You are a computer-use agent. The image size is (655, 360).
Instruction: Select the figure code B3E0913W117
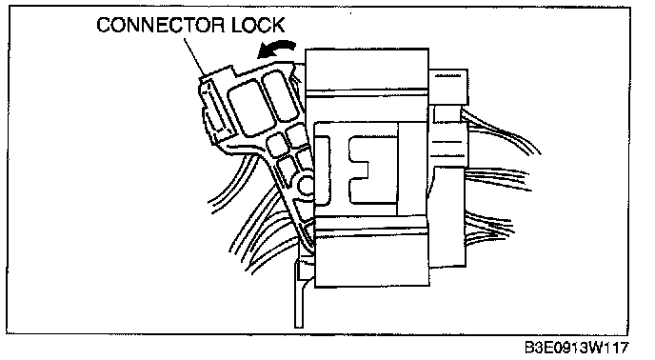click(x=577, y=348)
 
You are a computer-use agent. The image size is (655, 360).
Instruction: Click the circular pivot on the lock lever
click(x=307, y=184)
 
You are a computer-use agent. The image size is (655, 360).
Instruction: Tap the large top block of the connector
click(x=367, y=69)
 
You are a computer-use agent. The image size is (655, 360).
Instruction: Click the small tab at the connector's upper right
click(x=448, y=86)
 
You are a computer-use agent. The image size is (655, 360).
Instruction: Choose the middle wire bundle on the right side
click(x=497, y=178)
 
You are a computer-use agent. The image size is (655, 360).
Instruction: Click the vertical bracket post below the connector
click(x=299, y=292)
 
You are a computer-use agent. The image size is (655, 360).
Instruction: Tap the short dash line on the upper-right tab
click(x=448, y=76)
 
